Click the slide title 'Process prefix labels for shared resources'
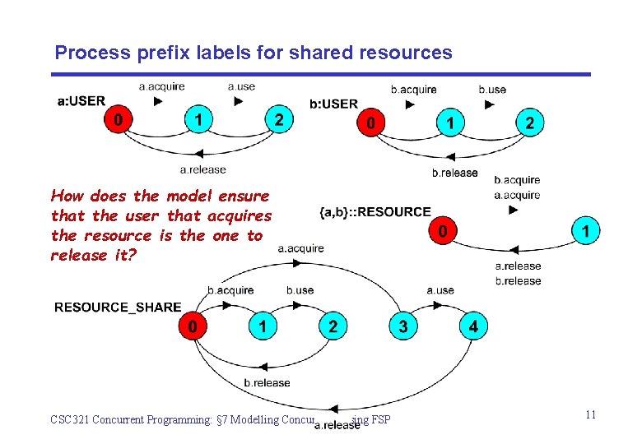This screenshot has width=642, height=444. [x=254, y=53]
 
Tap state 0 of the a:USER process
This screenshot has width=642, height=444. [x=119, y=121]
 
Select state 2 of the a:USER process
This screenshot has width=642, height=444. [x=279, y=121]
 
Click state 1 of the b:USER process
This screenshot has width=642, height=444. [x=449, y=123]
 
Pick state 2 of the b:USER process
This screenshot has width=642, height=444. [x=529, y=123]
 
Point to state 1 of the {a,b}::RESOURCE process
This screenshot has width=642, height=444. [x=585, y=231]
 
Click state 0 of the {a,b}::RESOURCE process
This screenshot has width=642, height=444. [x=444, y=231]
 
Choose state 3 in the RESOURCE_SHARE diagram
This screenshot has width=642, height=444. [x=402, y=326]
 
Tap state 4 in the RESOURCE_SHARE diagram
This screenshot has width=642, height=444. [x=472, y=326]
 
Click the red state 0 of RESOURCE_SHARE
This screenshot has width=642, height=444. [x=193, y=326]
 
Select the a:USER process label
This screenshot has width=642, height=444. [x=81, y=101]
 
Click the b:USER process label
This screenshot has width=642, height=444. [x=333, y=104]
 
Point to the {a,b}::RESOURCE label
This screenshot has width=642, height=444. [x=374, y=212]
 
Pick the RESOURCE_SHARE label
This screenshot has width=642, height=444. [x=118, y=308]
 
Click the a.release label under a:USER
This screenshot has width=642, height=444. [x=202, y=170]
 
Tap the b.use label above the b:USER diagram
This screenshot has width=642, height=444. [x=492, y=89]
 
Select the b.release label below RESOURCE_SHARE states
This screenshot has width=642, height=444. [x=267, y=382]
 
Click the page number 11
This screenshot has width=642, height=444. [x=590, y=415]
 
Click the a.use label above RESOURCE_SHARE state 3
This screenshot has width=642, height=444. [x=440, y=290]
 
